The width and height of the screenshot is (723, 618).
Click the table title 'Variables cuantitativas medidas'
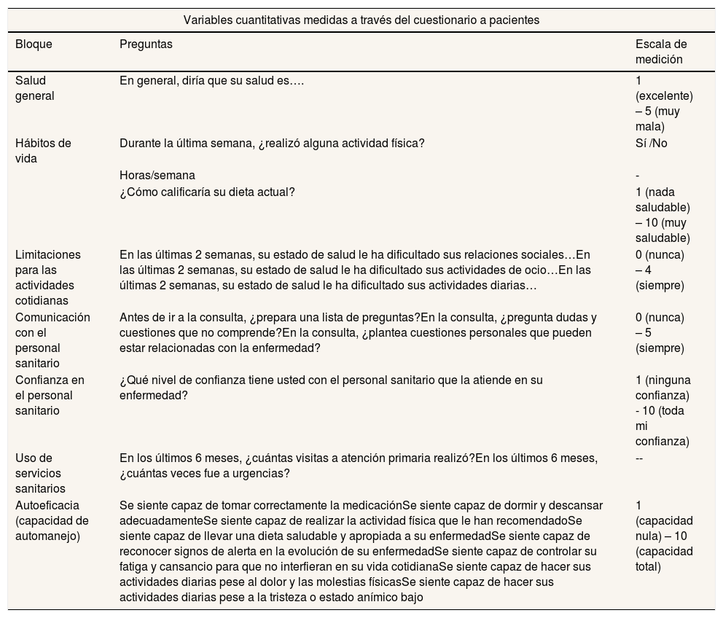click(361, 20)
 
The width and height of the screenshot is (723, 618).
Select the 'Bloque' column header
click(34, 44)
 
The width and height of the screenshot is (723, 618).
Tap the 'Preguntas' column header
click(146, 44)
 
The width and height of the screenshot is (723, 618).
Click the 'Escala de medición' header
click(661, 52)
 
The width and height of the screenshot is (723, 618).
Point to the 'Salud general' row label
click(35, 88)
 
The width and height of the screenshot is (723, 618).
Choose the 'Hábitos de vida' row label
click(43, 151)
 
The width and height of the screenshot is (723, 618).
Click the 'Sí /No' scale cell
click(651, 144)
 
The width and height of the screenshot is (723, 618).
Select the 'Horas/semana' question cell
click(157, 176)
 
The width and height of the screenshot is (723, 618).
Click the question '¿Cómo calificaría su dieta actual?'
click(207, 192)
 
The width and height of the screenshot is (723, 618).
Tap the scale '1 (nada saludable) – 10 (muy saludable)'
click(662, 215)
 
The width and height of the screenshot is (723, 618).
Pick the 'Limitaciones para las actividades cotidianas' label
click(48, 278)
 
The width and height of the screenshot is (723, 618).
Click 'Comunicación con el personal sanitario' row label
click(52, 340)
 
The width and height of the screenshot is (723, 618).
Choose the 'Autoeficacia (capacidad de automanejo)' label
click(52, 521)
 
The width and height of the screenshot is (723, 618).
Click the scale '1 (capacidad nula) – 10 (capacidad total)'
click(664, 536)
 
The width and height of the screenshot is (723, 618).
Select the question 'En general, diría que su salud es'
click(211, 81)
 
